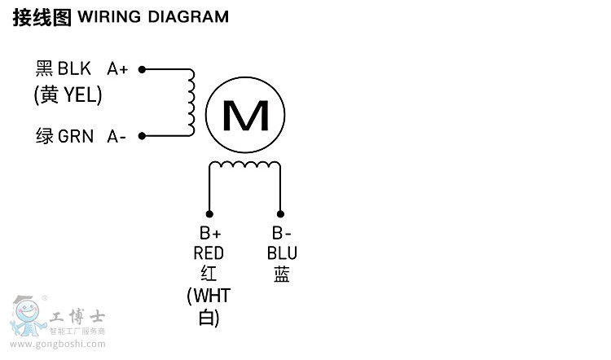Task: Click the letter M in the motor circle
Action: coord(245,117)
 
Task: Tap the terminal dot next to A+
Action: coord(142,70)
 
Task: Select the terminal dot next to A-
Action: coord(142,135)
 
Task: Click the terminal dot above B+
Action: coord(209,209)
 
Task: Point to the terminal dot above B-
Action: coord(281,209)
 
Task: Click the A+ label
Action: coord(118,69)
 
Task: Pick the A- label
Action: coord(116,136)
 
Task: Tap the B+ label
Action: coord(210,234)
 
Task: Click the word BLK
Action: coord(74,69)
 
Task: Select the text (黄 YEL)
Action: coord(68,95)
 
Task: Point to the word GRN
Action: coord(76,136)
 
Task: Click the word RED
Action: coord(209,253)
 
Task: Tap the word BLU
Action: coord(282,253)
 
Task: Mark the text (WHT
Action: coord(209,294)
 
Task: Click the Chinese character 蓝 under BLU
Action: coord(282,274)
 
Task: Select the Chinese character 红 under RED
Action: coord(209,274)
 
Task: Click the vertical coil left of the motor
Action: coord(192,103)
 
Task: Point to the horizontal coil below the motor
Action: coord(245,165)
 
